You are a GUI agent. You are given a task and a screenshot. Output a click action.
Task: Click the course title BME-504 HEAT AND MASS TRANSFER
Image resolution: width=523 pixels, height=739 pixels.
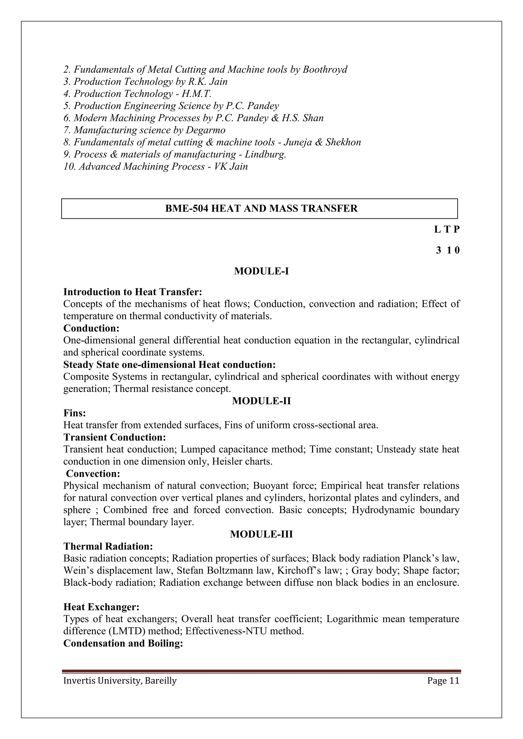[261, 208]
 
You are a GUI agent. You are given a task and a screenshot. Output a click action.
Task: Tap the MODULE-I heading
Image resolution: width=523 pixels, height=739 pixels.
[261, 271]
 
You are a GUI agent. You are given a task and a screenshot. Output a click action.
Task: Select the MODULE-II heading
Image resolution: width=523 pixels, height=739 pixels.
[261, 401]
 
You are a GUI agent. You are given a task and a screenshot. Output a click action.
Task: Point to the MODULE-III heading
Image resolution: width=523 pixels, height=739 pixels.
[261, 535]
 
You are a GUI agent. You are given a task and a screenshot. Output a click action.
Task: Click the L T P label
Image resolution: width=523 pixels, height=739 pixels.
[447, 230]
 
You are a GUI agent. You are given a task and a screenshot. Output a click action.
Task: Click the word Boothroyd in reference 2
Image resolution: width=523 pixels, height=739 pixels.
[325, 69]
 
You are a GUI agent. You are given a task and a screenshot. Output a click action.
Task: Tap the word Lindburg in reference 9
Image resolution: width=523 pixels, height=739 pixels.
[265, 154]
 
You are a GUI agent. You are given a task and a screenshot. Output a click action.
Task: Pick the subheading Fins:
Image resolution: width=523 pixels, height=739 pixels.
[74, 413]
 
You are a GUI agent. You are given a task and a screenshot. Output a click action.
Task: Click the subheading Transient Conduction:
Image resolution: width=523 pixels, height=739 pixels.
[115, 437]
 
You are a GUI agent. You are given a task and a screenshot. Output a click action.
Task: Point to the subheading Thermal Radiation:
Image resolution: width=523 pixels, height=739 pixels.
[108, 547]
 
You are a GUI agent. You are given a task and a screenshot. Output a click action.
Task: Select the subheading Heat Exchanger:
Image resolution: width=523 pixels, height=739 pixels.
[101, 607]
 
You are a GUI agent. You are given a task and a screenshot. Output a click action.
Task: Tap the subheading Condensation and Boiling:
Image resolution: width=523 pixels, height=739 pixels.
[123, 643]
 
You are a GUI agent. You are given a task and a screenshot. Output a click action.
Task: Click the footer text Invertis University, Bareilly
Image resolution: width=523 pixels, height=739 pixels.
[120, 681]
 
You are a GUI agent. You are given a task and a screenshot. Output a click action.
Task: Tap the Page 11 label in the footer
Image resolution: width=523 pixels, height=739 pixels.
[443, 681]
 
